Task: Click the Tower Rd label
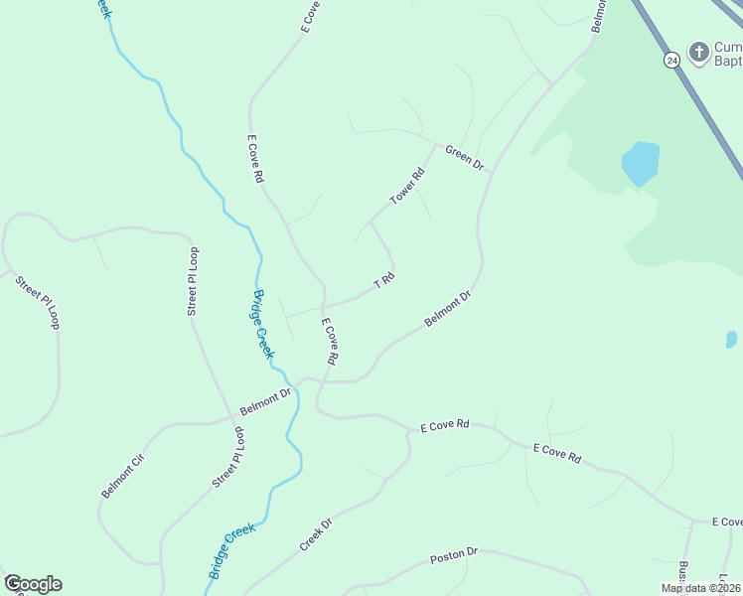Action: pyautogui.click(x=407, y=187)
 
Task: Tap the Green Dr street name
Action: pyautogui.click(x=464, y=157)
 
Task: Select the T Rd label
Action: pyautogui.click(x=384, y=282)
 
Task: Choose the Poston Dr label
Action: pyautogui.click(x=454, y=558)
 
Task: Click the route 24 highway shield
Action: pyautogui.click(x=672, y=60)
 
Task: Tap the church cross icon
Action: pyautogui.click(x=699, y=52)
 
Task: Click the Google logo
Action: pyautogui.click(x=33, y=584)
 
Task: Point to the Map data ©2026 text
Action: pyautogui.click(x=701, y=588)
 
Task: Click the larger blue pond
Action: pyautogui.click(x=640, y=163)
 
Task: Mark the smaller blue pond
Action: pyautogui.click(x=732, y=340)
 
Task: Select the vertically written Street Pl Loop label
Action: pyautogui.click(x=194, y=281)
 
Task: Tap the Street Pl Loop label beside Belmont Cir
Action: pyautogui.click(x=227, y=459)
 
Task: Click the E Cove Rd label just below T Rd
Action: pyautogui.click(x=330, y=341)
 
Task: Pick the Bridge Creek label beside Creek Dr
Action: pyautogui.click(x=231, y=551)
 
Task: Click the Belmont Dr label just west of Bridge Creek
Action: pyautogui.click(x=265, y=401)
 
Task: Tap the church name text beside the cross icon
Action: pyautogui.click(x=728, y=54)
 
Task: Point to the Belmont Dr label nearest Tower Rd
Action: pyautogui.click(x=447, y=309)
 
